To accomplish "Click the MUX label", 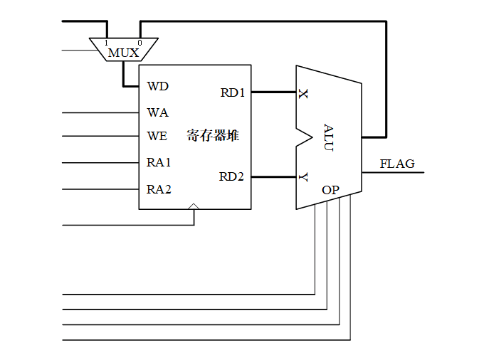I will pyautogui.click(x=123, y=53).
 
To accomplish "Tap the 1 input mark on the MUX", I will pyautogui.click(x=107, y=43).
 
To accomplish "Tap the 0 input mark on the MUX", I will pyautogui.click(x=139, y=43).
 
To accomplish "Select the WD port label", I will pyautogui.click(x=157, y=86).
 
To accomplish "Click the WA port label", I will pyautogui.click(x=157, y=112).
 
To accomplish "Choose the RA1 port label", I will pyautogui.click(x=159, y=162).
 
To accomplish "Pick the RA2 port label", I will pyautogui.click(x=159, y=189).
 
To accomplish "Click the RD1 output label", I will pyautogui.click(x=232, y=92).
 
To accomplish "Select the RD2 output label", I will pyautogui.click(x=232, y=176).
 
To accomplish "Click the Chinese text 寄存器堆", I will pyautogui.click(x=213, y=135).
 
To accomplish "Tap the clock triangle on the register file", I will pyautogui.click(x=194, y=206).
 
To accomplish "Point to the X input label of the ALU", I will pyautogui.click(x=304, y=93).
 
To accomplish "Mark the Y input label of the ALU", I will pyautogui.click(x=304, y=177).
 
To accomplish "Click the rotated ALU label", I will pyautogui.click(x=328, y=137).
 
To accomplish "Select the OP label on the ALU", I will pyautogui.click(x=330, y=190).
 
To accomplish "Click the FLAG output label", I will pyautogui.click(x=396, y=164).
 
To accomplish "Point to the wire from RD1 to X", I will pyautogui.click(x=273, y=92).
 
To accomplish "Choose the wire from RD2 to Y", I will pyautogui.click(x=273, y=176).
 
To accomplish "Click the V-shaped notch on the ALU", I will pyautogui.click(x=305, y=135).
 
